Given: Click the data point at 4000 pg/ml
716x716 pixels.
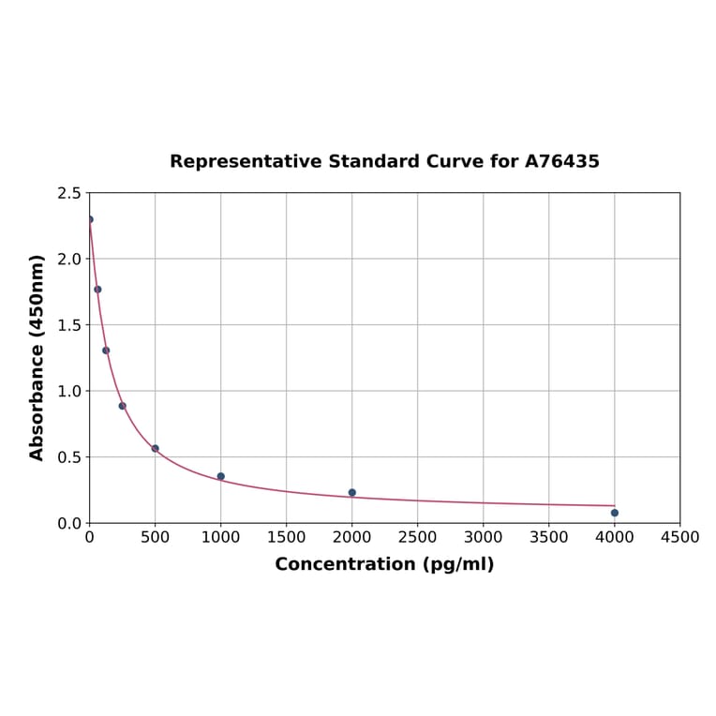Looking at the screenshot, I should (614, 513).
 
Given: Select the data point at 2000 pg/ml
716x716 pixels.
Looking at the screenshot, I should (351, 492).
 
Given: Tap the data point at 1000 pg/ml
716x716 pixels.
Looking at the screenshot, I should (221, 476).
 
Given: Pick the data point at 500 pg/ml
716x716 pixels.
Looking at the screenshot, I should (156, 448).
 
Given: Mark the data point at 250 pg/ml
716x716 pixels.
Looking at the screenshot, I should (122, 406).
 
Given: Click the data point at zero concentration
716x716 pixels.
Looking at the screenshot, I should (90, 219).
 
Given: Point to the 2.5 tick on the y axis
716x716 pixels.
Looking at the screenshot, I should (68, 193).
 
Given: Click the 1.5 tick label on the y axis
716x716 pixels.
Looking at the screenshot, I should (68, 325).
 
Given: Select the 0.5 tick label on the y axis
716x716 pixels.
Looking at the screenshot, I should (68, 457).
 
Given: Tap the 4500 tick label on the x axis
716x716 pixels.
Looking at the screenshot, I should (679, 537).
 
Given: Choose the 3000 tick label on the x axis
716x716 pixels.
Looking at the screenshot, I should (483, 537).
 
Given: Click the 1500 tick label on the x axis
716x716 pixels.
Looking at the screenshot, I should (286, 537).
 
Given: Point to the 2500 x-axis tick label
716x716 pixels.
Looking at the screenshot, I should (417, 537).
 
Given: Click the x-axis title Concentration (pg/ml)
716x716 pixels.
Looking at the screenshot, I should (384, 564).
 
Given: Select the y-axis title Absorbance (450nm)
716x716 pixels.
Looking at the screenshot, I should (37, 357).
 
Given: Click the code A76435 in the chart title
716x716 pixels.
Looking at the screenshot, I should (561, 161).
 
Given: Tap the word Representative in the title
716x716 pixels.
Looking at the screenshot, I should (246, 161).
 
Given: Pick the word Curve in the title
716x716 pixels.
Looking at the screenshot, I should (454, 161).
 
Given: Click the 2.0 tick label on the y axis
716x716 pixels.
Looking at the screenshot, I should (68, 259).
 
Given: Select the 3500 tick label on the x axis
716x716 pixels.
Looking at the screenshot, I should (548, 537).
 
